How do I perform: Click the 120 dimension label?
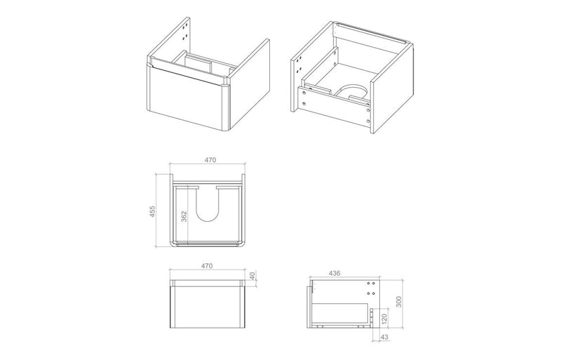click(383, 317)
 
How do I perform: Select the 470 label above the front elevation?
click(208, 267)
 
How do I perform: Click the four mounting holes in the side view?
click(372, 288)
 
